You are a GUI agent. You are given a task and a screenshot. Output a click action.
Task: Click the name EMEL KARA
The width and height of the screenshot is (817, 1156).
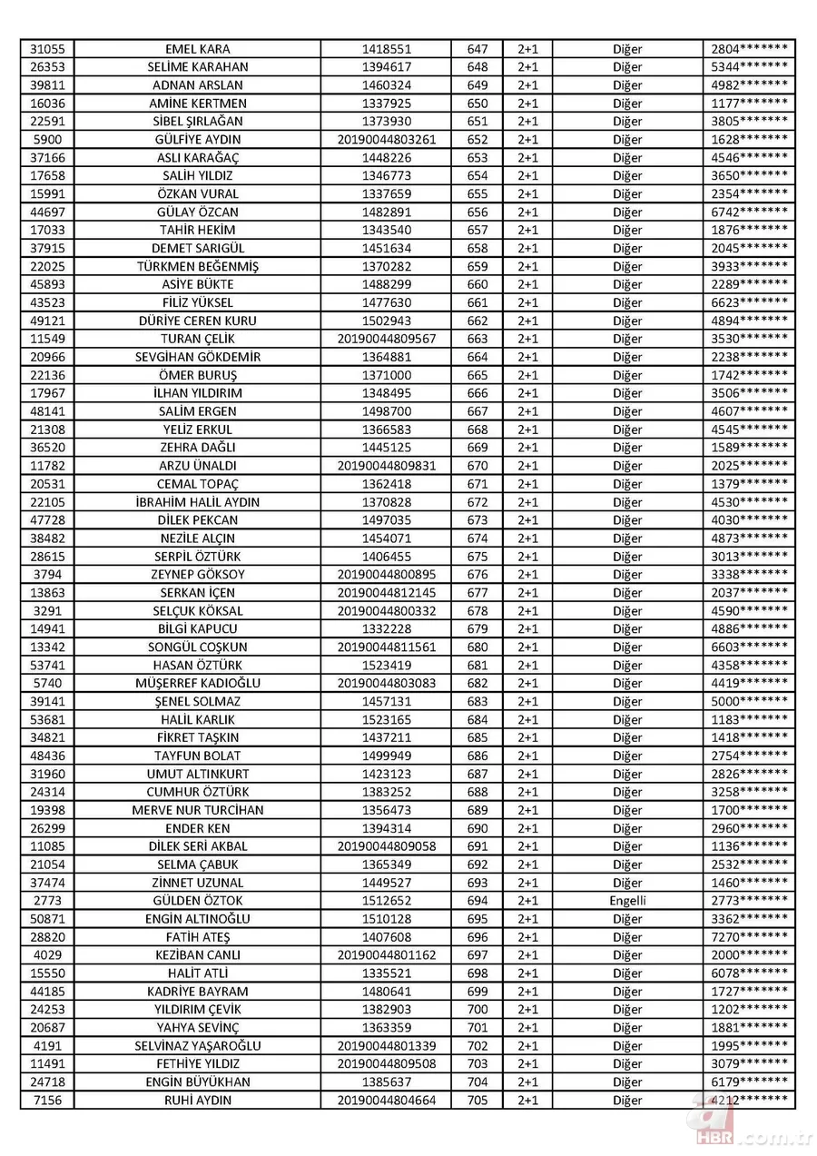coord(197,49)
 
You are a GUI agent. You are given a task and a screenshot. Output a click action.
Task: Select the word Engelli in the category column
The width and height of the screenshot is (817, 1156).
coord(627,901)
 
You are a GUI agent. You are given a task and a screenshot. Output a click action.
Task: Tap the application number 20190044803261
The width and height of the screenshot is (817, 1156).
coord(387,140)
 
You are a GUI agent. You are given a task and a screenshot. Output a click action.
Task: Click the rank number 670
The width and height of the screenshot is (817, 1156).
coord(477,466)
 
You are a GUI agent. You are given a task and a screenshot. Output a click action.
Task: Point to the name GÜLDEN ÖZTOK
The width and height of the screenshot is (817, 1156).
coord(197,901)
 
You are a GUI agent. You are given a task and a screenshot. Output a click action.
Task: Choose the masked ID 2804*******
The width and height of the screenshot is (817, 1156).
coord(749,49)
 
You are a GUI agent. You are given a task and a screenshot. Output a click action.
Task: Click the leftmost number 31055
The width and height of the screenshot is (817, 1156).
coord(46,49)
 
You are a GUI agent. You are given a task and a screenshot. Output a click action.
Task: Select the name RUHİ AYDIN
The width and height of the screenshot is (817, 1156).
coord(197,1100)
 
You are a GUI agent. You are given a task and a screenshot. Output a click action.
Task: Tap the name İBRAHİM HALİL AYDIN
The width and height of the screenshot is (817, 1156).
coord(197,502)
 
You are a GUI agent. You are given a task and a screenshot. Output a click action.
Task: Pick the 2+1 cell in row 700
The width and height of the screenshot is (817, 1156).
coord(527,1009)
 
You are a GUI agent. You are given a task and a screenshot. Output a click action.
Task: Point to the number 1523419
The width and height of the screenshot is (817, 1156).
coord(387,665)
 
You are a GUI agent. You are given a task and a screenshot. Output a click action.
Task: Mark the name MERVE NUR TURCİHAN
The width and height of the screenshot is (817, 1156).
coord(197,810)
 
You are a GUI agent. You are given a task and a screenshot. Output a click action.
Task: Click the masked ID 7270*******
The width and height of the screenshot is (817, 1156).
coord(749,936)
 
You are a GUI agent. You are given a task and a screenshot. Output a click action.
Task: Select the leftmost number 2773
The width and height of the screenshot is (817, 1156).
coord(46,901)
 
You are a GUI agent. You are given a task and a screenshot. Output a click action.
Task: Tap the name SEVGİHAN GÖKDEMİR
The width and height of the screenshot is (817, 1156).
coord(197,357)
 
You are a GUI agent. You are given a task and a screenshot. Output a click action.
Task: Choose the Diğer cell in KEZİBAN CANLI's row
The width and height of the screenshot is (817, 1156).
coord(627,954)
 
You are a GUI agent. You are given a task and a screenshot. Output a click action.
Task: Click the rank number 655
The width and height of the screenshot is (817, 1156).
coord(477,193)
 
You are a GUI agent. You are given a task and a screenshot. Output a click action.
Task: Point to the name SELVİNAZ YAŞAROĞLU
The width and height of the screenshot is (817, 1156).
coord(197,1045)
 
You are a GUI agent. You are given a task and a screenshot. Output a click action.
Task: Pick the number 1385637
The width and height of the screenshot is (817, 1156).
coord(387,1082)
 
